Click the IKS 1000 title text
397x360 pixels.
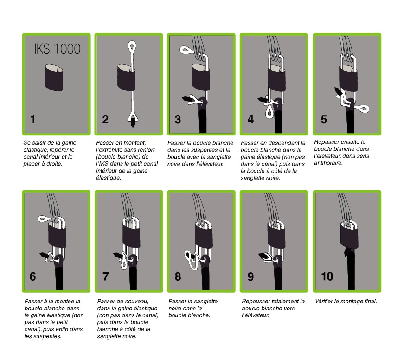click(57, 49)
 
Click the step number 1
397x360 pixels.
click(32, 119)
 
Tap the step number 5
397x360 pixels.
click(324, 120)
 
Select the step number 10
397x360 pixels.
click(327, 276)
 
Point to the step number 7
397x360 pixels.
click(106, 276)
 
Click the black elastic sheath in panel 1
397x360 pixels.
click(54, 78)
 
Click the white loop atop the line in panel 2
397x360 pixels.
click(132, 46)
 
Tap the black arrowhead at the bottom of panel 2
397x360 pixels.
click(133, 124)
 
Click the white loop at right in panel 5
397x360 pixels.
click(362, 109)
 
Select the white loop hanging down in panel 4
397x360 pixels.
click(269, 111)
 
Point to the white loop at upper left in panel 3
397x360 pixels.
click(187, 50)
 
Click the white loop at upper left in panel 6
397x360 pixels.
click(45, 219)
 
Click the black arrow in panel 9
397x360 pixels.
click(265, 257)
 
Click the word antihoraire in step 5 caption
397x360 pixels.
click(328, 163)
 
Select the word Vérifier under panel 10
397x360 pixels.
click(324, 301)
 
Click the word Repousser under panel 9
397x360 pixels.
click(254, 301)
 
